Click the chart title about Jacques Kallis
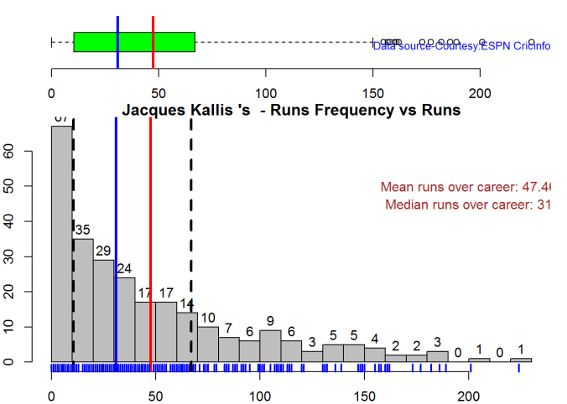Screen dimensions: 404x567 click(291, 110)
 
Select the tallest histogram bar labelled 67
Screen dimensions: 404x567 click(62, 243)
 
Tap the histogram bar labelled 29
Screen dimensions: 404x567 click(103, 310)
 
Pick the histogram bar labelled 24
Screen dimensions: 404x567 click(125, 319)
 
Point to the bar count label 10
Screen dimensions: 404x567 click(208, 318)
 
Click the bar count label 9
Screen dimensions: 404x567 click(270, 321)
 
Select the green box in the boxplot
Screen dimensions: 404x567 click(134, 42)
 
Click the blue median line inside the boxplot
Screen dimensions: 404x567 click(117, 42)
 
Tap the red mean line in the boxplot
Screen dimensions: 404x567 click(153, 42)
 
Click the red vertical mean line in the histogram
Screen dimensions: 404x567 click(150, 243)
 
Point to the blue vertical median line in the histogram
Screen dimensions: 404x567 click(116, 243)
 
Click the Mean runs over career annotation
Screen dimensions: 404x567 click(465, 187)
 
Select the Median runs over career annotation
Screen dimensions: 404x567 click(468, 205)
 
